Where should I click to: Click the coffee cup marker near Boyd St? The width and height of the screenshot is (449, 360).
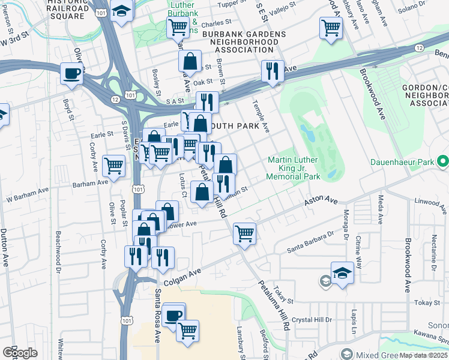pyautogui.click(x=72, y=75)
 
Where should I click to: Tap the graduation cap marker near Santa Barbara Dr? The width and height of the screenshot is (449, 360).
pyautogui.click(x=342, y=273)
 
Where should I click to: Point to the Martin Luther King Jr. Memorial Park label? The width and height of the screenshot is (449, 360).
pyautogui.click(x=294, y=168)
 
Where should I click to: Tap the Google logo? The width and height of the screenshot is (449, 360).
pyautogui.click(x=20, y=353)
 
